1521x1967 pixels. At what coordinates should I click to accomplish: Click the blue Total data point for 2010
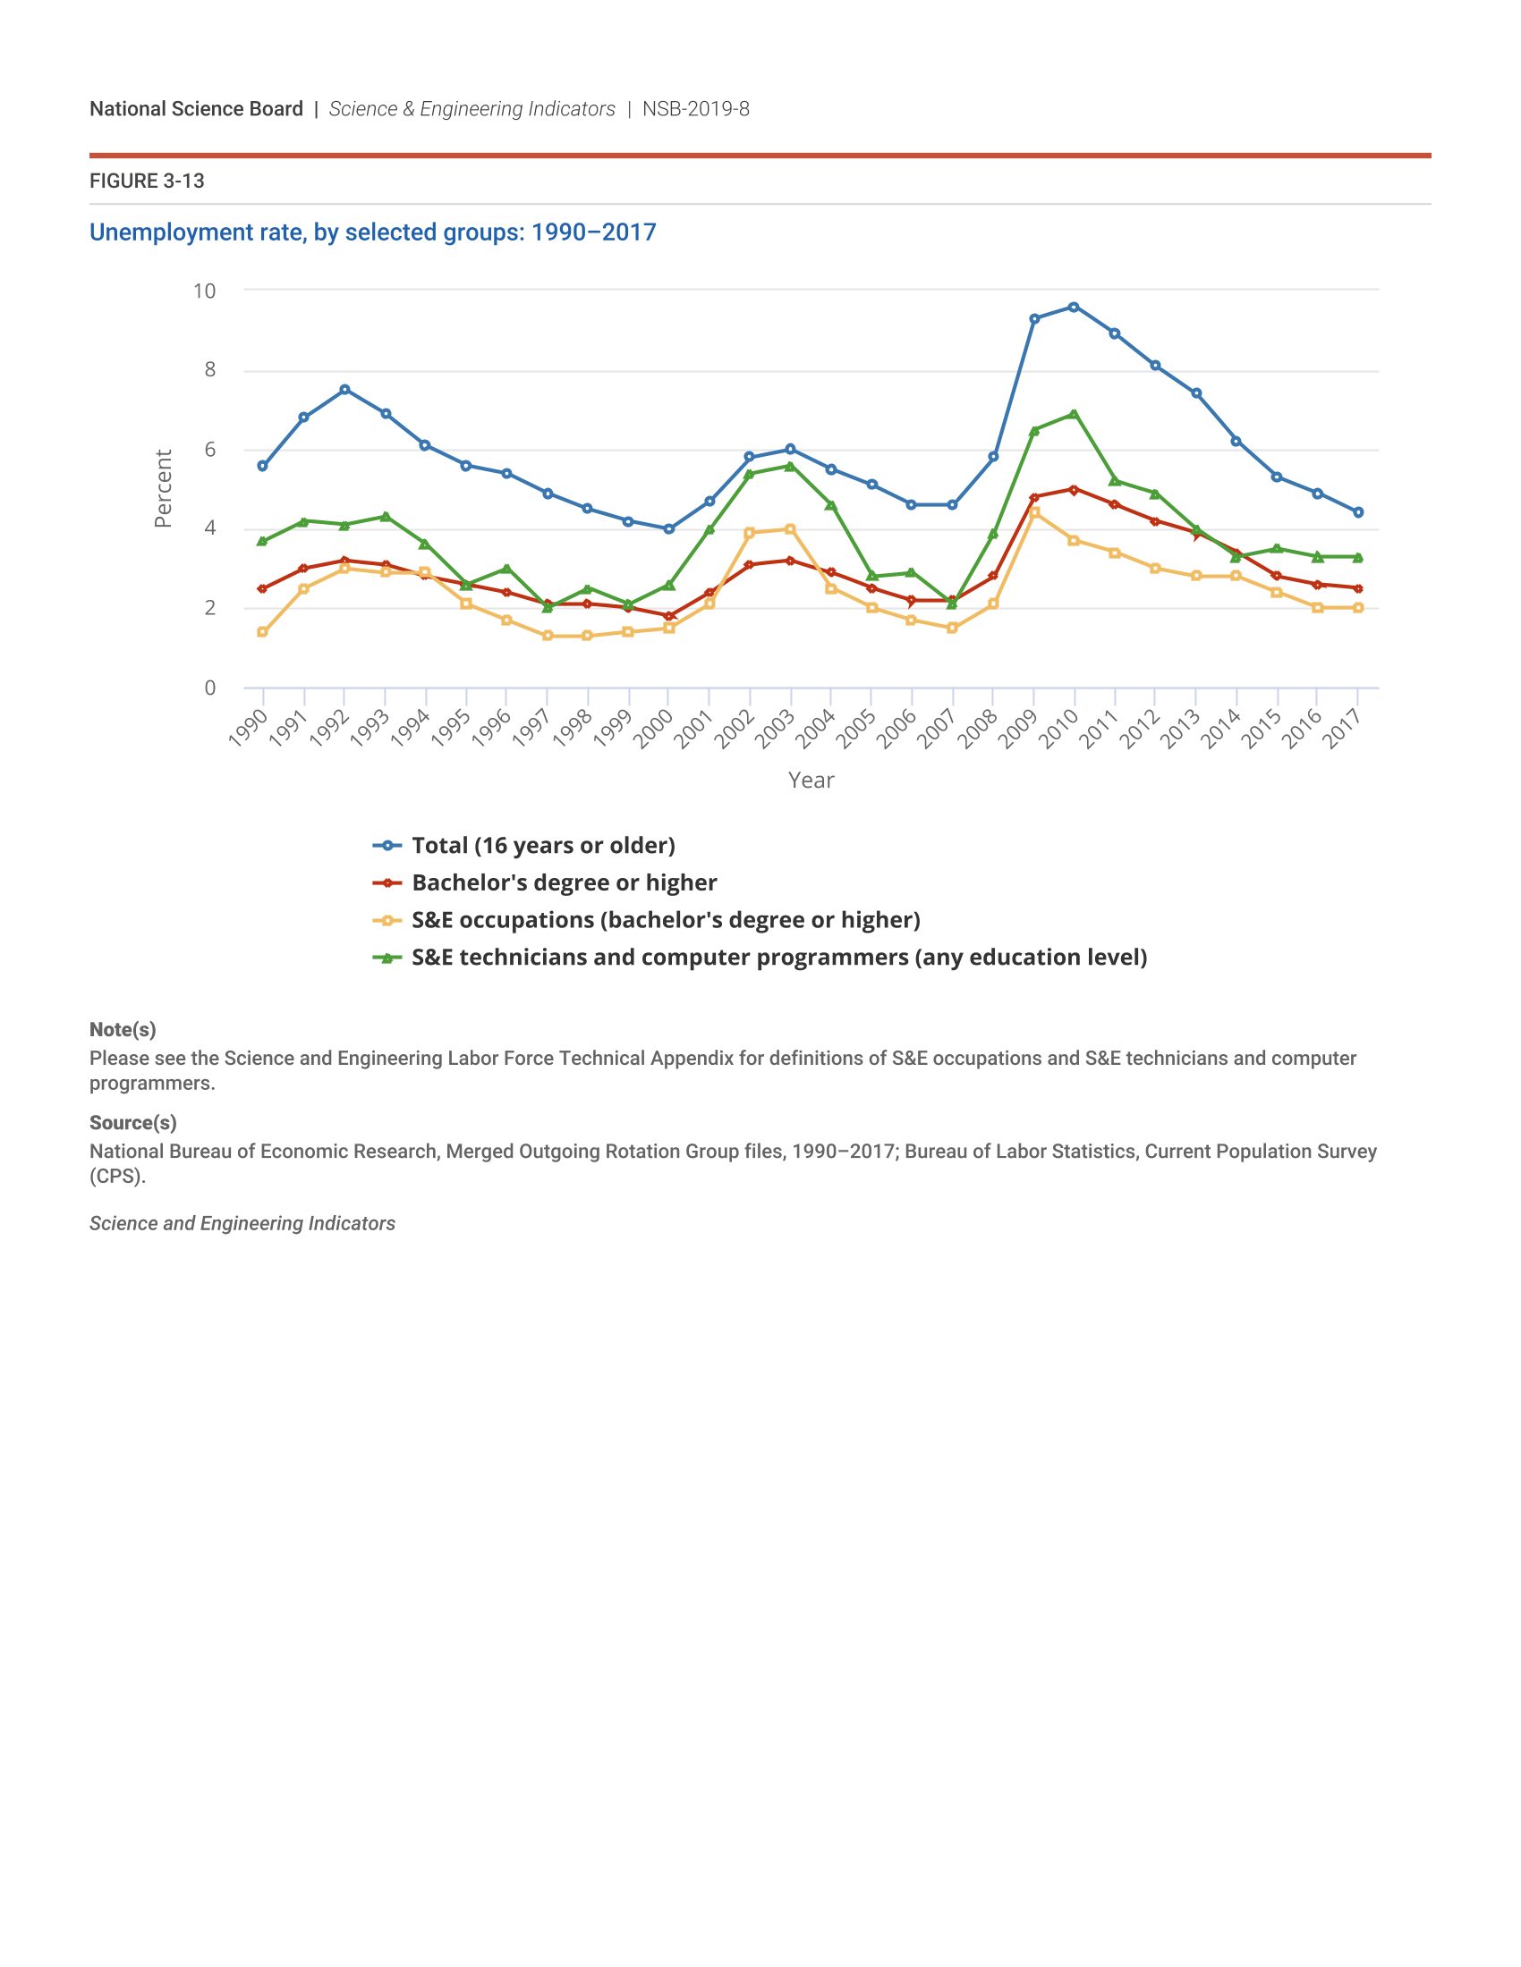(1073, 307)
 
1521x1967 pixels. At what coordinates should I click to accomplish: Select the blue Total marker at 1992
(344, 389)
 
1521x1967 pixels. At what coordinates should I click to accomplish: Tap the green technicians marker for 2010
(1073, 414)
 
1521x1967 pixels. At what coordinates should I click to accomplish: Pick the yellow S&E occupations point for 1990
(262, 632)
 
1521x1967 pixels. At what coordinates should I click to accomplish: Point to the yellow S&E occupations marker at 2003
(790, 528)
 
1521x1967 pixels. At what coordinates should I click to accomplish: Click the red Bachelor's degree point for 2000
(668, 616)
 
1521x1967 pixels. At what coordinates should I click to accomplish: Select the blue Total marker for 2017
(1358, 512)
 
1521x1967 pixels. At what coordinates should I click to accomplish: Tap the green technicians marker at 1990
(262, 541)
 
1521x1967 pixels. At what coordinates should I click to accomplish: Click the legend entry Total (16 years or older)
(542, 845)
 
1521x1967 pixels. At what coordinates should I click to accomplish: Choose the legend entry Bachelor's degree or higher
(563, 882)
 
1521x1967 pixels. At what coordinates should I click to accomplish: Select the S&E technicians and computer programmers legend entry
(778, 957)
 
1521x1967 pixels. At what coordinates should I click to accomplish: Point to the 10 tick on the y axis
(205, 291)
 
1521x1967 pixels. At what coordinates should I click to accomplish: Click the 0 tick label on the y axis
(210, 688)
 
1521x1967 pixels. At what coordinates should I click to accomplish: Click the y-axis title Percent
(163, 488)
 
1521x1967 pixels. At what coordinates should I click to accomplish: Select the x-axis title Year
(811, 780)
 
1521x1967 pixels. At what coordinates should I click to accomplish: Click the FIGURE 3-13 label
(147, 181)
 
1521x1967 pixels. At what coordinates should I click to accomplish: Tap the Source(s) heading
(132, 1122)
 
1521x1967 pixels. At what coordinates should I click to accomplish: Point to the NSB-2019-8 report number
(695, 109)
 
